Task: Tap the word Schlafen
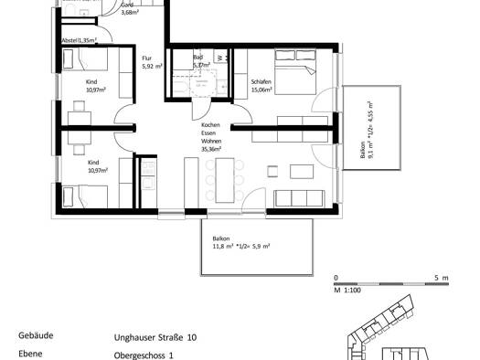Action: tap(261, 82)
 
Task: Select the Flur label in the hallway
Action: tap(146, 58)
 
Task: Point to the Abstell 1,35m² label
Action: tap(80, 41)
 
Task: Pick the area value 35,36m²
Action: tap(212, 151)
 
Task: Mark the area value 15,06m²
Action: tap(262, 90)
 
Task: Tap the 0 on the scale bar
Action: tap(336, 276)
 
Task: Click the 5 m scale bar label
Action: tap(440, 276)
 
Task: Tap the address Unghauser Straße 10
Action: tap(155, 336)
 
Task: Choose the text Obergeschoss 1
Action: tap(144, 354)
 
